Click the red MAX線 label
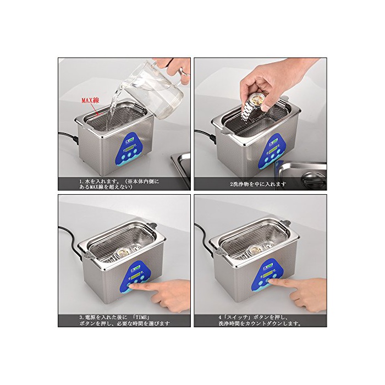(x=90, y=100)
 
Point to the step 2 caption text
(x=258, y=184)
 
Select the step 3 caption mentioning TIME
(x=124, y=320)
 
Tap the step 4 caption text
(x=260, y=320)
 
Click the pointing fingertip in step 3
(x=131, y=285)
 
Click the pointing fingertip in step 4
(x=271, y=281)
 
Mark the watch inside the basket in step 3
(x=121, y=252)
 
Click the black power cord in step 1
(x=68, y=137)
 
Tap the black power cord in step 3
(x=69, y=238)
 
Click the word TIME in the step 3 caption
(x=142, y=317)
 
